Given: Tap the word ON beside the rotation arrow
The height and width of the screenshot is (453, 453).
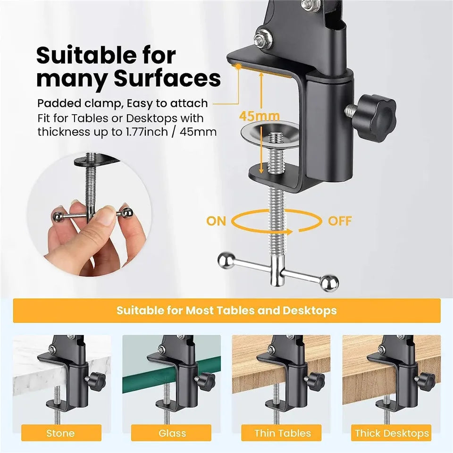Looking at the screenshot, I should (x=216, y=221).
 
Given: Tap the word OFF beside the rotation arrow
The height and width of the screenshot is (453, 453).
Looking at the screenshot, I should (x=340, y=221).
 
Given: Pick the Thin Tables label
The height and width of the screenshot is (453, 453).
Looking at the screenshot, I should (x=283, y=433).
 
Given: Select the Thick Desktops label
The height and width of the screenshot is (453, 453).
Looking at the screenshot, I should (x=392, y=433).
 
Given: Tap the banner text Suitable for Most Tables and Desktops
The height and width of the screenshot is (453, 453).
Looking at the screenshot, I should (x=226, y=310).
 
